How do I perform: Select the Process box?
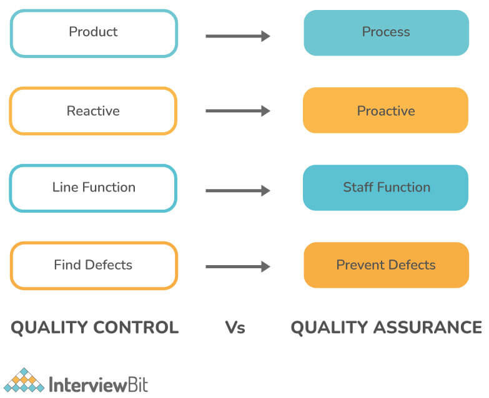[x=387, y=32]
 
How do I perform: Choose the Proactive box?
[x=385, y=110]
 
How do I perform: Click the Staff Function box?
[x=385, y=188]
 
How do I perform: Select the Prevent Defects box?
[x=387, y=265]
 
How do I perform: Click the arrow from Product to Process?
[x=238, y=36]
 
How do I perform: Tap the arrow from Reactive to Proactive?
[x=238, y=111]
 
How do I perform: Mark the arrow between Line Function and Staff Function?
[x=238, y=191]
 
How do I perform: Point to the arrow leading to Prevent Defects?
[x=238, y=266]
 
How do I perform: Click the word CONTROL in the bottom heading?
[x=136, y=328]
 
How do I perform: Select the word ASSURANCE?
[x=428, y=328]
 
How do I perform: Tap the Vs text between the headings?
[x=235, y=328]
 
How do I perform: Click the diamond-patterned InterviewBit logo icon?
[x=24, y=380]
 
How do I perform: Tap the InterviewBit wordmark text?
[x=99, y=384]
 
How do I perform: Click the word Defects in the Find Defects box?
[x=109, y=265]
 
